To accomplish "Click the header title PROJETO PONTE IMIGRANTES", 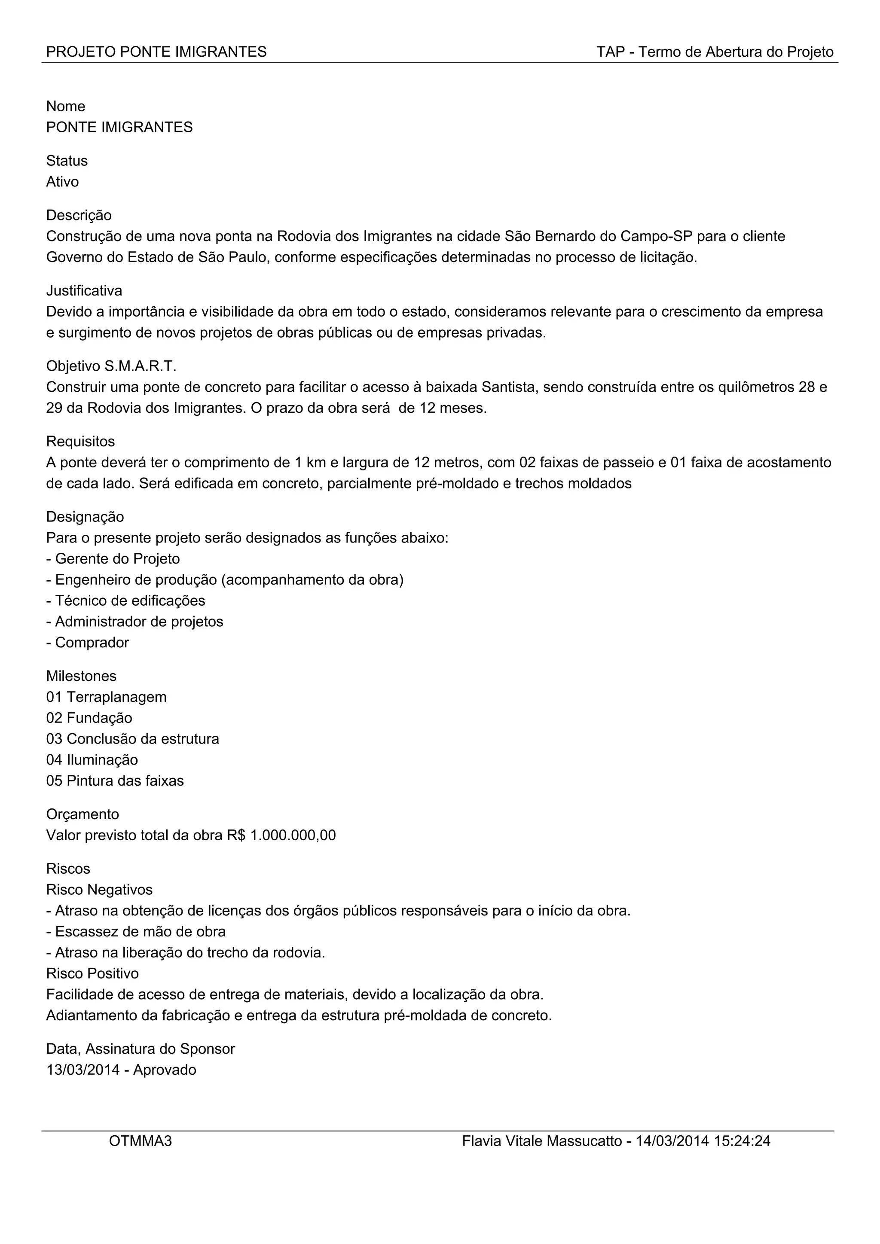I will (156, 52).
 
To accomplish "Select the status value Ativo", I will (62, 182).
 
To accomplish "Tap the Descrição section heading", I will (79, 215).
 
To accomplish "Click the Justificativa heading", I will (84, 290).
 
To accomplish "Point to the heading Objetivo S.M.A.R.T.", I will (111, 366).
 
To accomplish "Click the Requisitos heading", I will (80, 442).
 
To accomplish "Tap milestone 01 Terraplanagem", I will (106, 697).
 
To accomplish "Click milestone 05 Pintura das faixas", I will (115, 781).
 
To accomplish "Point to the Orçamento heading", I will (82, 814).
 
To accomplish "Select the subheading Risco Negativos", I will (99, 890).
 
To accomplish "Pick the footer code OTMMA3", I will (141, 1141).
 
